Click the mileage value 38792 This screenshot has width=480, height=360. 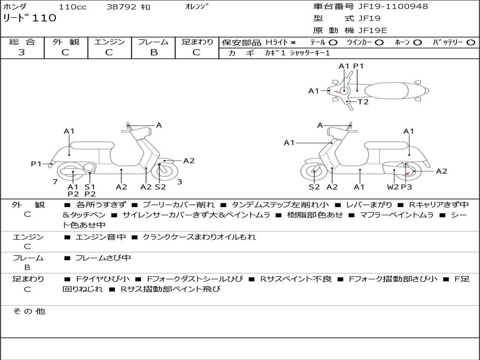pyautogui.click(x=121, y=7)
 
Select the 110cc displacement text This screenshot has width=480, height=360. pyautogui.click(x=69, y=7)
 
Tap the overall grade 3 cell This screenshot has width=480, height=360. pyautogui.click(x=22, y=52)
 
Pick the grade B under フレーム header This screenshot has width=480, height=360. pyautogui.click(x=153, y=52)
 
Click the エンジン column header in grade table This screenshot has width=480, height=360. pyautogui.click(x=109, y=42)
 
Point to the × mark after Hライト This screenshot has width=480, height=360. pyautogui.click(x=293, y=43)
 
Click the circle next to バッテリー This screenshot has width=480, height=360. pyautogui.click(x=471, y=43)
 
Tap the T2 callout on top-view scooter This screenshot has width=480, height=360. pyautogui.click(x=363, y=102)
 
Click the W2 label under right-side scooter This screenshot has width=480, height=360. pyautogui.click(x=393, y=187)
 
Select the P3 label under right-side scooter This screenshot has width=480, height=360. pyautogui.click(x=406, y=187)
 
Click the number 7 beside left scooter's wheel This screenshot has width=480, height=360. pyautogui.click(x=55, y=182)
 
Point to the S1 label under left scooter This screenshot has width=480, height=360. pyautogui.click(x=90, y=187)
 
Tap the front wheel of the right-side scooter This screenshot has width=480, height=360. pyautogui.click(x=314, y=172)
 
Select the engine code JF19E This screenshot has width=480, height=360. pyautogui.click(x=372, y=30)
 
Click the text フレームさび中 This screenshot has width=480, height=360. pyautogui.click(x=103, y=258)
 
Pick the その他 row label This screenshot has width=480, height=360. pyautogui.click(x=29, y=311)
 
